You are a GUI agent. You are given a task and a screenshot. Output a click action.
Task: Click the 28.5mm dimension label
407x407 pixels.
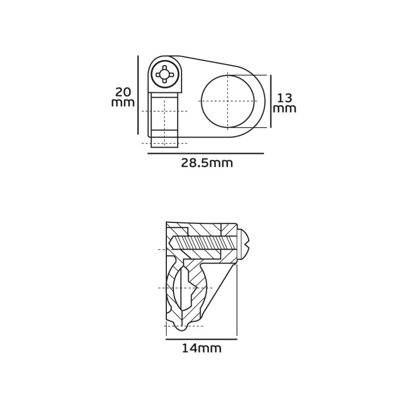pos(207,163)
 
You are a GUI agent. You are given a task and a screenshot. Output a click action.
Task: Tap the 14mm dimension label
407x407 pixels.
pos(201,348)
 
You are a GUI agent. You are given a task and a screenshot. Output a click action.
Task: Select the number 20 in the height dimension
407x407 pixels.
pos(124,92)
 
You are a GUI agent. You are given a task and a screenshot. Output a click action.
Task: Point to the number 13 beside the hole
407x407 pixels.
pos(285,98)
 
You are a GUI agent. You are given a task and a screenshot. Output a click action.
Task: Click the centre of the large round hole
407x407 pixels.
pos(227,101)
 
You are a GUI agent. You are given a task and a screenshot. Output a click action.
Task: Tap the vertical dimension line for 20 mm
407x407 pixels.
pos(138,95)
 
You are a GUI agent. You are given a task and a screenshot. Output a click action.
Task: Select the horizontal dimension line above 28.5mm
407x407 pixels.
pos(206,154)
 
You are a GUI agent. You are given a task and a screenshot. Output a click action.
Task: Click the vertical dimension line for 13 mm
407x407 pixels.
pos(271,101)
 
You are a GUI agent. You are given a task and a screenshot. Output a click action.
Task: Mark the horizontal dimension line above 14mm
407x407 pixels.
pos(201,339)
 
